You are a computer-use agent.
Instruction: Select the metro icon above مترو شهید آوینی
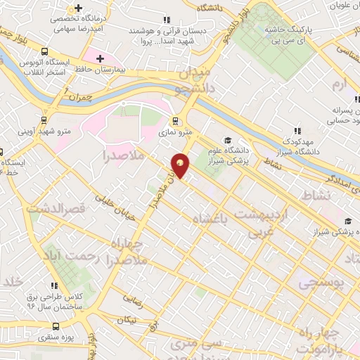45,120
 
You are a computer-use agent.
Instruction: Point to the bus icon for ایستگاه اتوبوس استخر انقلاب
45,51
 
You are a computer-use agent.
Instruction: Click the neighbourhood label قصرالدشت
56,208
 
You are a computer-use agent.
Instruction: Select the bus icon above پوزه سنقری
57,326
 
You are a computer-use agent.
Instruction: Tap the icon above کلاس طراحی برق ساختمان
55,285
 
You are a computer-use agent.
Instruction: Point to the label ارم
340,85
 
